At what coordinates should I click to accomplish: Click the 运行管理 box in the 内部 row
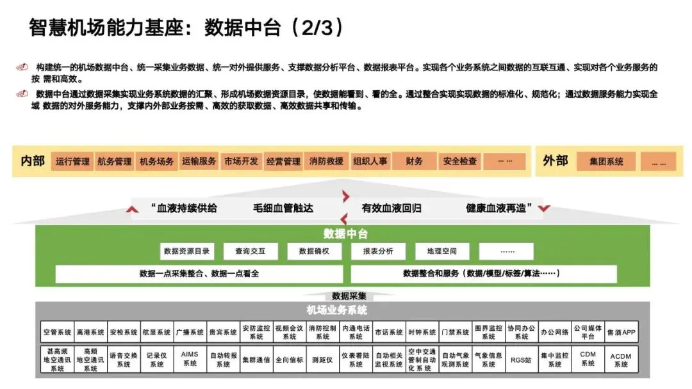(x=72, y=161)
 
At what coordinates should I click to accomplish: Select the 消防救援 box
(x=326, y=161)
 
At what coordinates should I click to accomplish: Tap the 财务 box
(x=414, y=161)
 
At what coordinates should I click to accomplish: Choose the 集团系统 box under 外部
(x=606, y=161)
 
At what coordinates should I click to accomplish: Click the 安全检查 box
(x=459, y=161)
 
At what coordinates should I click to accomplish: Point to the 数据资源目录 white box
(x=186, y=251)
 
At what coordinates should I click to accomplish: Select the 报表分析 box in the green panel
(x=378, y=251)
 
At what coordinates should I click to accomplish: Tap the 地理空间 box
(x=442, y=251)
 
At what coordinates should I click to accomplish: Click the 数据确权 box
(x=314, y=251)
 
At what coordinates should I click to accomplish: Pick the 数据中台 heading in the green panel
(x=345, y=234)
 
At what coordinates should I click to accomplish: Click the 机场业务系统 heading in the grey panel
(x=337, y=310)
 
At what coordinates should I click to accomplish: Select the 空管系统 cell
(x=57, y=332)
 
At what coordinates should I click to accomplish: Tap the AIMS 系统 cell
(x=190, y=358)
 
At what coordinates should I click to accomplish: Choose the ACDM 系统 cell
(x=621, y=359)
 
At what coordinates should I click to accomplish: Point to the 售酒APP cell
(x=621, y=332)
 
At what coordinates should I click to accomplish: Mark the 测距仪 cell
(x=322, y=360)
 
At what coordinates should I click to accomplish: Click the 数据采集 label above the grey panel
(x=349, y=296)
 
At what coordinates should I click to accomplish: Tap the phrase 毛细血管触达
(x=283, y=208)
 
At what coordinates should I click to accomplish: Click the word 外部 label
(x=555, y=161)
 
